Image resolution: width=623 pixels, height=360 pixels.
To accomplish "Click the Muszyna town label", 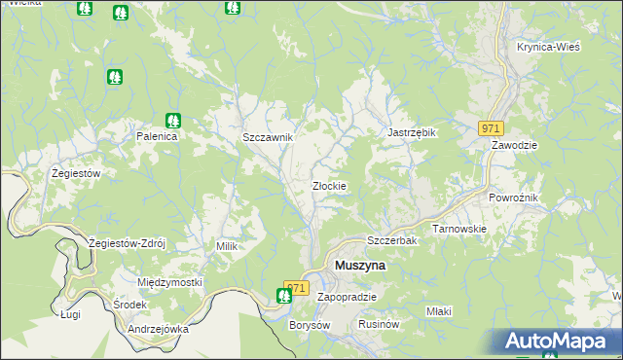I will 360,265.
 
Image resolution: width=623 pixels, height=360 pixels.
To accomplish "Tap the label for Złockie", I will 329,186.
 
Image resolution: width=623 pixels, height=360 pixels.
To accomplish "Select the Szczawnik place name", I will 268,138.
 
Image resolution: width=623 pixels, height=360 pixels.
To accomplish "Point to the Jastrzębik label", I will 411,132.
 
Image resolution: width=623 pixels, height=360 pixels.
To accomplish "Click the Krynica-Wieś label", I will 549,48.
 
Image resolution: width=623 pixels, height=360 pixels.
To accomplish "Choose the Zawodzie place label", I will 515,144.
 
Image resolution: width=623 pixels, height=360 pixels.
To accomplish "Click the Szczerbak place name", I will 391,240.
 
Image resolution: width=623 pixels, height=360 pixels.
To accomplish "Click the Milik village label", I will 227,247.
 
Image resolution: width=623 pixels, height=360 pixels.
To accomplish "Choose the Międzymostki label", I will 169,282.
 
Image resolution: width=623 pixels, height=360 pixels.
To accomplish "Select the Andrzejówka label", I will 158,329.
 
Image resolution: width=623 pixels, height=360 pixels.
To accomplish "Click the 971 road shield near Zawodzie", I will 491,128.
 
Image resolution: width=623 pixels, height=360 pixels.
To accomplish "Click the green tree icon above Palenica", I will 172,121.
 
